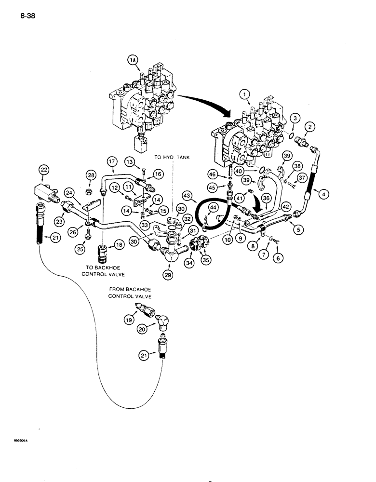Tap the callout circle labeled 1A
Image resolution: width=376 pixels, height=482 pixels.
click(x=133, y=60)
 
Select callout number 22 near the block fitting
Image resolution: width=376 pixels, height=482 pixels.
click(x=44, y=169)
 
